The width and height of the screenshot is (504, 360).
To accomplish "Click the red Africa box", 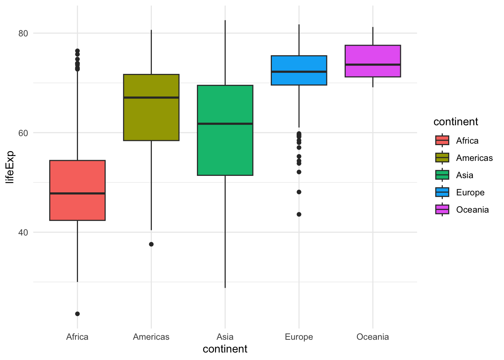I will coord(77,176).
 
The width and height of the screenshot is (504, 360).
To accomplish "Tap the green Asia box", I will coord(225,150).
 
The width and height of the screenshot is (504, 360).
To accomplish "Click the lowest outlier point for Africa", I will coord(77,314).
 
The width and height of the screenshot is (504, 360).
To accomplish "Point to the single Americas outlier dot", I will coord(151,244).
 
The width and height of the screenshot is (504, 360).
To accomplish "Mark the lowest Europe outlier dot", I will coord(299,214).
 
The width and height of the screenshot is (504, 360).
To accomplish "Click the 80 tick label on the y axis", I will coord(23,33).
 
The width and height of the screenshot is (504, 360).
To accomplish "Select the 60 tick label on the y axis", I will coord(23,133).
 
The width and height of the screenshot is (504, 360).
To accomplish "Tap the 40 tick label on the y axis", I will coord(23,232).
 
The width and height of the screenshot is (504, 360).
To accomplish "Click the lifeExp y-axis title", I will coord(10,167).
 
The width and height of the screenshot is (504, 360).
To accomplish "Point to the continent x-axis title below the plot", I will coord(225,349).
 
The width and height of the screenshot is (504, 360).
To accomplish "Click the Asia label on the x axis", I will coord(225,337).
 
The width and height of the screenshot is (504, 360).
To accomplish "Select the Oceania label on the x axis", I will coord(373,337).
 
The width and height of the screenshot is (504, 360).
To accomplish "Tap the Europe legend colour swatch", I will coord(442,192).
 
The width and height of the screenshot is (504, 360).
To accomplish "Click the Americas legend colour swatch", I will coord(442,158).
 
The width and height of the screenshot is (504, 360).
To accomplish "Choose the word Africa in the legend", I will coord(467,141).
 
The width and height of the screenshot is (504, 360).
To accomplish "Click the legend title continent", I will coord(456,122).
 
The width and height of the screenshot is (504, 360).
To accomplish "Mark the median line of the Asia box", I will coord(225,123).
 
